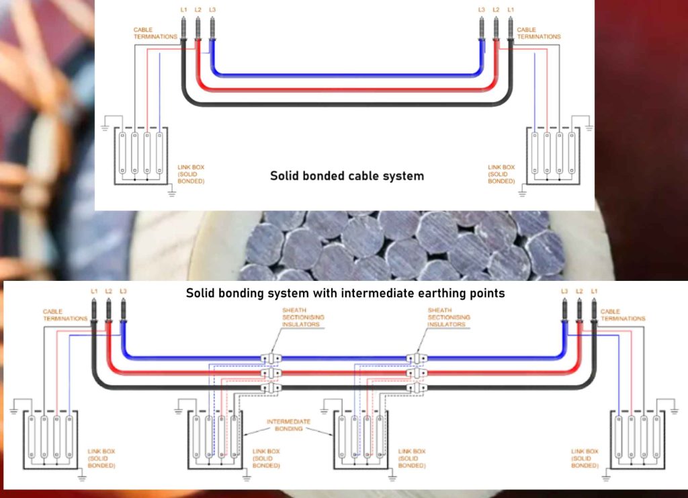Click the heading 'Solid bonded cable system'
click(x=347, y=176)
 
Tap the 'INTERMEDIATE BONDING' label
click(x=288, y=425)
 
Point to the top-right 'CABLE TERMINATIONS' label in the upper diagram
click(x=538, y=33)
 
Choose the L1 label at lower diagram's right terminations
click(x=594, y=291)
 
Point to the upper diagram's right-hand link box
click(x=554, y=156)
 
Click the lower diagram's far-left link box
click(x=50, y=441)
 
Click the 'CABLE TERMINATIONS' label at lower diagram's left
click(x=64, y=315)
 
